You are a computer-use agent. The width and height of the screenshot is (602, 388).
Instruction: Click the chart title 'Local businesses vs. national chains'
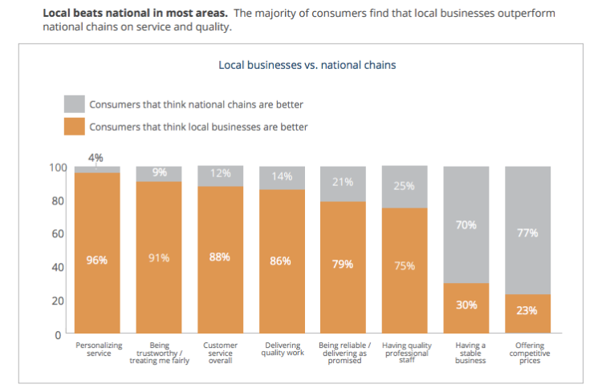pyautogui.click(x=307, y=64)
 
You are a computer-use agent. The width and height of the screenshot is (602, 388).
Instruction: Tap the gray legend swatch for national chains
pyautogui.click(x=74, y=104)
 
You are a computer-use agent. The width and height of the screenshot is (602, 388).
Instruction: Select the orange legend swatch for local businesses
pyautogui.click(x=74, y=126)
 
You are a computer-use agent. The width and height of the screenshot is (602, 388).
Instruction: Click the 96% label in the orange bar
pyautogui.click(x=96, y=259)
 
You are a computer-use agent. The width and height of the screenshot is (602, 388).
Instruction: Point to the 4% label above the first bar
pyautogui.click(x=96, y=157)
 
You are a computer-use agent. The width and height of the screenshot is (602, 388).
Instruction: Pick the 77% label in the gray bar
pyautogui.click(x=527, y=233)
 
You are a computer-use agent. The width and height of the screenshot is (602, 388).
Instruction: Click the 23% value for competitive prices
pyautogui.click(x=527, y=311)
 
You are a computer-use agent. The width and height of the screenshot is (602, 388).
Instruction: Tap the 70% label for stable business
pyautogui.click(x=466, y=225)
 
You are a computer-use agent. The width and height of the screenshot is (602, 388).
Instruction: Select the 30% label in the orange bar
pyautogui.click(x=466, y=305)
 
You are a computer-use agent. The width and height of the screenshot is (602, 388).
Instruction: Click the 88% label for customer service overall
pyautogui.click(x=220, y=257)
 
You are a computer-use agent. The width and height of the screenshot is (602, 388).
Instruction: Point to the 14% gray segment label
pyautogui.click(x=282, y=176)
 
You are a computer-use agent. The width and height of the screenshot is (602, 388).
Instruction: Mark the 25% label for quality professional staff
pyautogui.click(x=405, y=186)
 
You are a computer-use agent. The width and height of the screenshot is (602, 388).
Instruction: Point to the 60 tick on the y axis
pyautogui.click(x=58, y=234)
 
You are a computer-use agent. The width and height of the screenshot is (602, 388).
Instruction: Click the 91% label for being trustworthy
pyautogui.click(x=158, y=258)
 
